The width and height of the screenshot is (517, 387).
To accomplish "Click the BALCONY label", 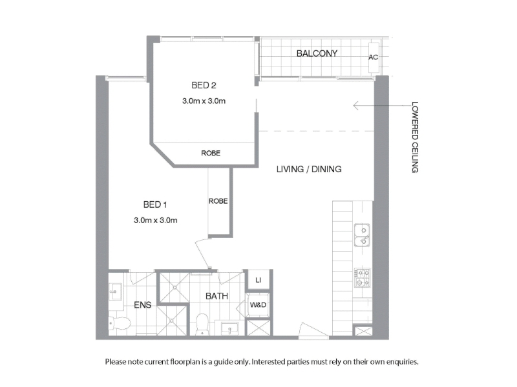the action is pyautogui.click(x=317, y=54).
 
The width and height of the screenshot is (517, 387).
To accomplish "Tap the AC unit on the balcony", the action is pyautogui.click(x=374, y=57).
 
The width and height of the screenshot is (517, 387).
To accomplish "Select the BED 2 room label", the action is pyautogui.click(x=204, y=86).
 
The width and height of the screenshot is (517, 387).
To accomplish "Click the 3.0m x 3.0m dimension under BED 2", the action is pyautogui.click(x=204, y=101).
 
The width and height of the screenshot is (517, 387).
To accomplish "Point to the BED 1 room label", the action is pyautogui.click(x=155, y=204).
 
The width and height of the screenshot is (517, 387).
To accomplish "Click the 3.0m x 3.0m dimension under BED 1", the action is pyautogui.click(x=155, y=220).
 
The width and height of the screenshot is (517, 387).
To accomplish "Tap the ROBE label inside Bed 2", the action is pyautogui.click(x=211, y=153).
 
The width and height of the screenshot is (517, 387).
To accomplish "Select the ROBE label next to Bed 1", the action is pyautogui.click(x=218, y=201).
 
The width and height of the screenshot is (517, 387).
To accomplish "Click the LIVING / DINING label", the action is pyautogui.click(x=309, y=169).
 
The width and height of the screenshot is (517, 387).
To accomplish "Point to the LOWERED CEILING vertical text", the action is pyautogui.click(x=415, y=137).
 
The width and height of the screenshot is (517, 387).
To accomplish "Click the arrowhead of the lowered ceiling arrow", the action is pyautogui.click(x=354, y=106).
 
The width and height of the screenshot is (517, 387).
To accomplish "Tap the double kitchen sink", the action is pyautogui.click(x=362, y=235).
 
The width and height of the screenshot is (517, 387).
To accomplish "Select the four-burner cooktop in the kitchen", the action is pyautogui.click(x=363, y=278).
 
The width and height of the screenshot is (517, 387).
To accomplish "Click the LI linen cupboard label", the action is pyautogui.click(x=258, y=280).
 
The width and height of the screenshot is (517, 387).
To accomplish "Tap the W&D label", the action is pyautogui.click(x=258, y=305).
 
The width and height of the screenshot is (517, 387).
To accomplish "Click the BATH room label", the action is pyautogui.click(x=216, y=296).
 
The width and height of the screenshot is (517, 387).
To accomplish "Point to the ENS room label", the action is pyautogui.click(x=142, y=305).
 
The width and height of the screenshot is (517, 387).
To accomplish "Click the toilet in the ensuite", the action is pyautogui.click(x=120, y=323).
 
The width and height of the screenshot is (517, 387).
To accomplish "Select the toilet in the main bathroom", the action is pyautogui.click(x=202, y=324).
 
